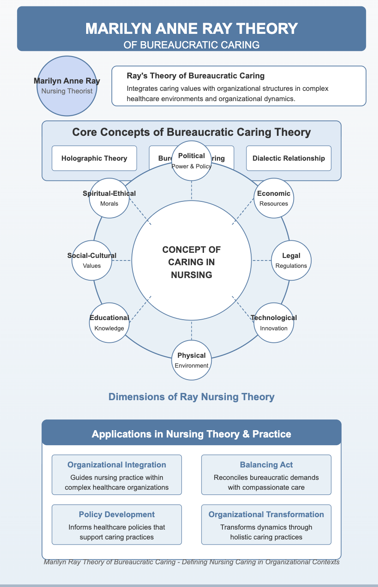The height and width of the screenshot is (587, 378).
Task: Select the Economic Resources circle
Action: click(x=274, y=198)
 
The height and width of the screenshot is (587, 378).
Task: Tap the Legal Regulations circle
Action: click(x=291, y=261)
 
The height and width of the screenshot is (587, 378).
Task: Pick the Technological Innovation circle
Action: click(x=274, y=323)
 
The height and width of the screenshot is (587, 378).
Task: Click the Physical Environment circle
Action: click(x=191, y=360)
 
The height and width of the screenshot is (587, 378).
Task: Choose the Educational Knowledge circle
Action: click(x=109, y=323)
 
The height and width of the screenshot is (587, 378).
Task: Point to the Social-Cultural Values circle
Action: click(x=92, y=261)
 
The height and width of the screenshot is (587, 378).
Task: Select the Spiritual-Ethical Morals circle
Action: click(x=109, y=198)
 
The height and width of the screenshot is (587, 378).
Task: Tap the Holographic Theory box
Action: click(x=94, y=158)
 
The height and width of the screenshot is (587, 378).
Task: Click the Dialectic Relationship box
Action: click(x=289, y=158)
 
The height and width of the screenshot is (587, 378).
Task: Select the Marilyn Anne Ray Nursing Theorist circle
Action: click(x=67, y=86)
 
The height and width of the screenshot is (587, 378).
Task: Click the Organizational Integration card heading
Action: click(x=117, y=465)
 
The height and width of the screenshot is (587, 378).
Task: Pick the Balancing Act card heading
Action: click(x=266, y=465)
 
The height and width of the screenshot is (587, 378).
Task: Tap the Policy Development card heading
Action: click(x=117, y=514)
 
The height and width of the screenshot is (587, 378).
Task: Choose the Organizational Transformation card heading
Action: click(x=266, y=514)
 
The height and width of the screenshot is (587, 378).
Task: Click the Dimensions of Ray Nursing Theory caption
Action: click(x=191, y=397)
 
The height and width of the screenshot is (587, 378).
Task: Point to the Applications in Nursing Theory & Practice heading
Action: click(x=191, y=434)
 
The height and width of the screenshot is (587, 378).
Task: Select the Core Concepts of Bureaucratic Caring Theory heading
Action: click(x=191, y=132)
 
